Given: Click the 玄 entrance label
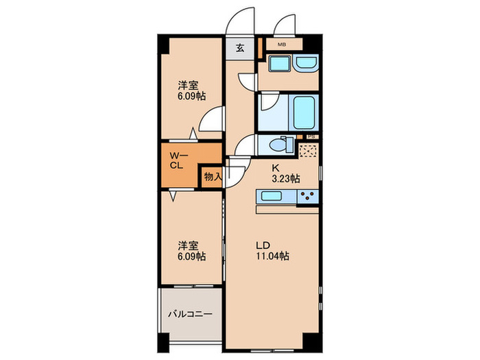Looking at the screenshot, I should click(241, 48).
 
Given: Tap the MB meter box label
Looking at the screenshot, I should click(282, 45).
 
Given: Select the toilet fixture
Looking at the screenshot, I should click(279, 145).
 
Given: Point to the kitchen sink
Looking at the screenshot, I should click(276, 197).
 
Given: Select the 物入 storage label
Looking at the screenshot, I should click(212, 176).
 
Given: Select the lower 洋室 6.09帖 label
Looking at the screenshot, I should click(191, 251).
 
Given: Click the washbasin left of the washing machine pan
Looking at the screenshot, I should click(279, 65).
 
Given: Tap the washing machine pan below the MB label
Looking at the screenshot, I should click(306, 64).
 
